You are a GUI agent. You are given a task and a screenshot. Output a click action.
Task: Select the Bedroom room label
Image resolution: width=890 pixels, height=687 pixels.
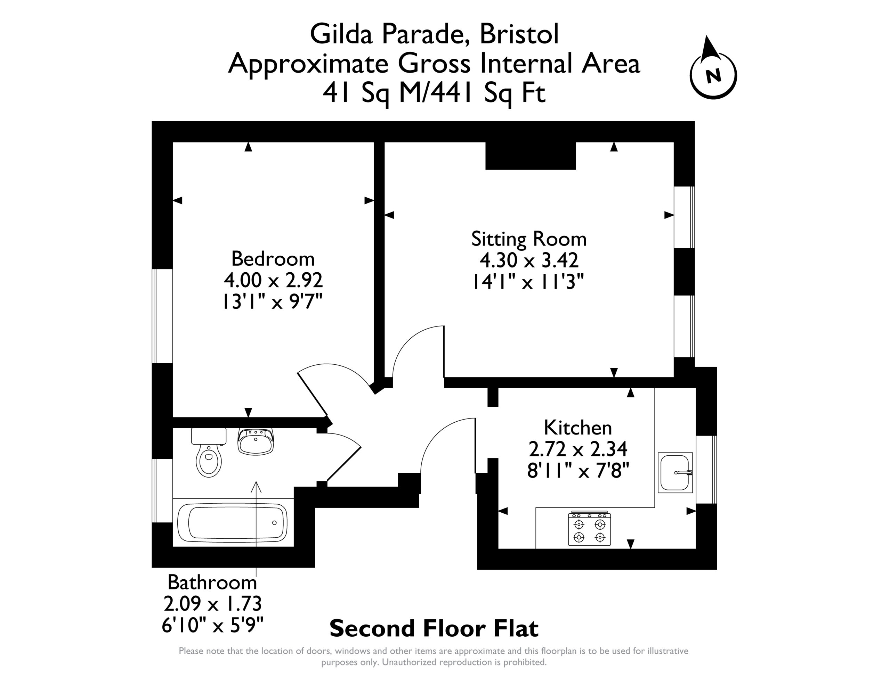point(273,259)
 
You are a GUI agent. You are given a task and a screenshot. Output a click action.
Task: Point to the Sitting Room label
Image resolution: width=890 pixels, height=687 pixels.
point(529,239)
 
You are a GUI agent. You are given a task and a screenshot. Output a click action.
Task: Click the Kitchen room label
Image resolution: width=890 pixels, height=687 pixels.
point(578,428)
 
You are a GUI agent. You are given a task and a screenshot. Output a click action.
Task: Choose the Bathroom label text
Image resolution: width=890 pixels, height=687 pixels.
point(212,582)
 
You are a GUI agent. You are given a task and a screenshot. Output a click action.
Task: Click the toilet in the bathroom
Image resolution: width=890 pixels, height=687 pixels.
point(209,452)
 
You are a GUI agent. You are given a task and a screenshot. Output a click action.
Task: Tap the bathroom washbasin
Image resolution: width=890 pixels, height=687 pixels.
point(256,441)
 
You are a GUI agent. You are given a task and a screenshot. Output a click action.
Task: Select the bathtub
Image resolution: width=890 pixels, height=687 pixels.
point(232,523)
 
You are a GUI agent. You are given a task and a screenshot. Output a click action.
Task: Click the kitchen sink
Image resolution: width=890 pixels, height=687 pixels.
point(675,472)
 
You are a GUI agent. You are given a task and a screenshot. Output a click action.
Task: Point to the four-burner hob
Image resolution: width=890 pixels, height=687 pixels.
point(590,528)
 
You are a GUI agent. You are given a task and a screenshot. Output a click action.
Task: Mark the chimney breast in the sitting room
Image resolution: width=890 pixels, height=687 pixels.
point(531,156)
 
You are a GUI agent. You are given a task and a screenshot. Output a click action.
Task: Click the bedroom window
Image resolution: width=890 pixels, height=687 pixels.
point(162,316)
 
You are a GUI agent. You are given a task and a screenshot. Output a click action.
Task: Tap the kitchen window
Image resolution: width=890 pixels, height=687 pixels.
point(706,470)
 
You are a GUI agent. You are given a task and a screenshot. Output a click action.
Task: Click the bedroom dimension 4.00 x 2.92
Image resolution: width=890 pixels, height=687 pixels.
point(273,280)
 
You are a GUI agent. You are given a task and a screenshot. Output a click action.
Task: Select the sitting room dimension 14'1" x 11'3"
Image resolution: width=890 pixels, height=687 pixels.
point(528,281)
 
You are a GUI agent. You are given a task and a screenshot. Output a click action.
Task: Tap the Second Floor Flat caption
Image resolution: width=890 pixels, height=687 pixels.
point(434,628)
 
